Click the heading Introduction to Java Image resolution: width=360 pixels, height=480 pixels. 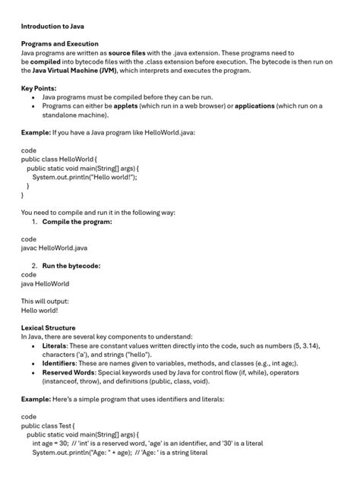coord(52,26)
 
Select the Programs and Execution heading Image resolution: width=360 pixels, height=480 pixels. coord(60,44)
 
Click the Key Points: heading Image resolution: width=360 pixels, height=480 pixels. coord(39,88)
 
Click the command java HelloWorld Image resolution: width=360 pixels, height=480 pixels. coord(45,283)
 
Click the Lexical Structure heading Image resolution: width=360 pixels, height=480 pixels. coord(48,327)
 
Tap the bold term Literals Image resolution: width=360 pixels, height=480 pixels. coord(55,346)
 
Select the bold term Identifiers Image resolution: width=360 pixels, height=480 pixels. coord(60,363)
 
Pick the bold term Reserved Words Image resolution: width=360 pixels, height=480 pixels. coord(68,372)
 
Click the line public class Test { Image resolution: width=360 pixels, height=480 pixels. coord(48,425)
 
